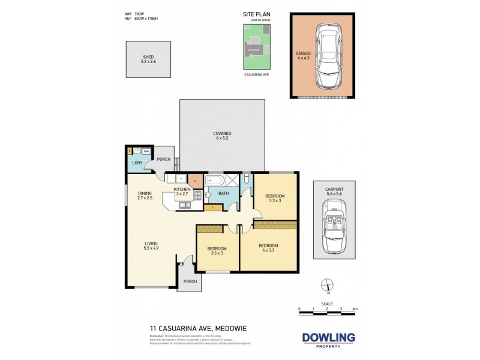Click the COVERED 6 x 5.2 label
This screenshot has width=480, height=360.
(221, 136)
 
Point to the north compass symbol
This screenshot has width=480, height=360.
(326, 284)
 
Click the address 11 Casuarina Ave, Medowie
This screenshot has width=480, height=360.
(189, 328)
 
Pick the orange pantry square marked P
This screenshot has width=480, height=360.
(194, 179)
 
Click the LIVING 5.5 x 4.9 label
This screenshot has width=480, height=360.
(151, 245)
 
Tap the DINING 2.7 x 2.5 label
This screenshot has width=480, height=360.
(145, 195)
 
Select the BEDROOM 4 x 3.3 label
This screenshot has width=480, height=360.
(268, 247)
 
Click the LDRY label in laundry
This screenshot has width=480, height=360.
(136, 163)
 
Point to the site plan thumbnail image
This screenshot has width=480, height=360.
(256, 48)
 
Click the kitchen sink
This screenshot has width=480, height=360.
(183, 205)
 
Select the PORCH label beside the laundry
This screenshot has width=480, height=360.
(163, 159)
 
